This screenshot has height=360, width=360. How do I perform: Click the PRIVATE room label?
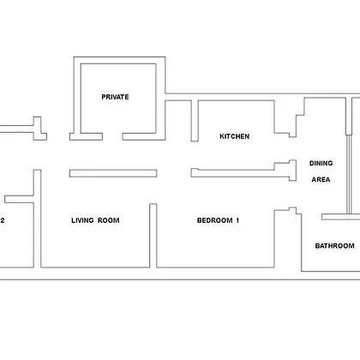pyautogui.click(x=115, y=97)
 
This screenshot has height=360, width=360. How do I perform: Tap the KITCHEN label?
pyautogui.click(x=235, y=136)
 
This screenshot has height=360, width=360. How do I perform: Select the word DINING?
pyautogui.click(x=321, y=163)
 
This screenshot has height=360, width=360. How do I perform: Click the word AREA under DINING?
pyautogui.click(x=321, y=179)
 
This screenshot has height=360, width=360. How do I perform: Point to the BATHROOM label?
pyautogui.click(x=334, y=246)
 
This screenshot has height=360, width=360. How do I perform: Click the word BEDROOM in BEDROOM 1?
pyautogui.click(x=215, y=220)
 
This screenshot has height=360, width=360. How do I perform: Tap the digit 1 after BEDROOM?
pyautogui.click(x=237, y=220)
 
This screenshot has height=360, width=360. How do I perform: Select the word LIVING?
pyautogui.click(x=82, y=220)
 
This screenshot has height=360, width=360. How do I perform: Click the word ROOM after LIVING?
pyautogui.click(x=109, y=220)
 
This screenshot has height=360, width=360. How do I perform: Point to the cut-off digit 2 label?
pyautogui.click(x=3, y=220)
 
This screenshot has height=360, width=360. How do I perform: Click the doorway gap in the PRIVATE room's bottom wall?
pyautogui.click(x=112, y=136)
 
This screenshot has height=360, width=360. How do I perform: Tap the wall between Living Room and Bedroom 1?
pyautogui.click(x=153, y=236)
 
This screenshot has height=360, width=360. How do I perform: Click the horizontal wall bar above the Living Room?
pyautogui.click(x=113, y=173)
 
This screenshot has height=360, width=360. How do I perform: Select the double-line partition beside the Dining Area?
pyautogui.click(x=349, y=174)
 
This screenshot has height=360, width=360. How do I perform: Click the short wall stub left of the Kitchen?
pyautogui.click(x=195, y=121)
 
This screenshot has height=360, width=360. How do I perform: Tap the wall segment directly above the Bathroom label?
pyautogui.click(x=341, y=217)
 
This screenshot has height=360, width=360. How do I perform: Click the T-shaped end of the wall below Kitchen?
pyautogui.click(x=292, y=171)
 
